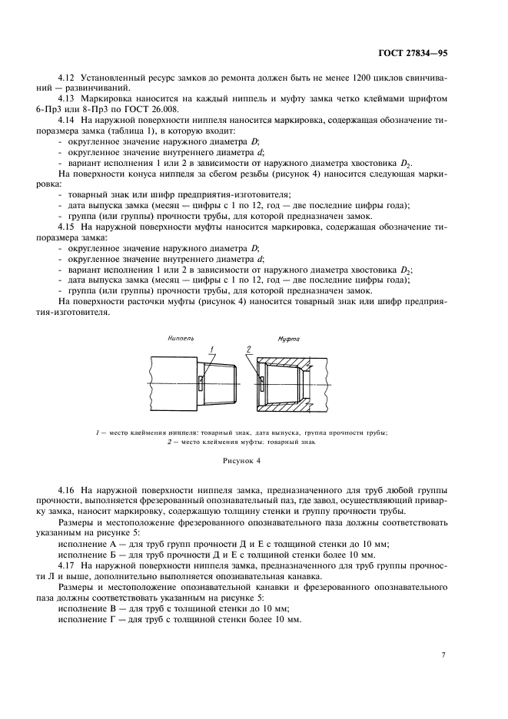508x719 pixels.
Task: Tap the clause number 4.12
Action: click(68, 80)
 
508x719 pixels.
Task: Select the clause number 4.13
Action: click(68, 99)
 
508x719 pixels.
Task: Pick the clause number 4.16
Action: click(68, 489)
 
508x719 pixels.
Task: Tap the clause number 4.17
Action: click(68, 565)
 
